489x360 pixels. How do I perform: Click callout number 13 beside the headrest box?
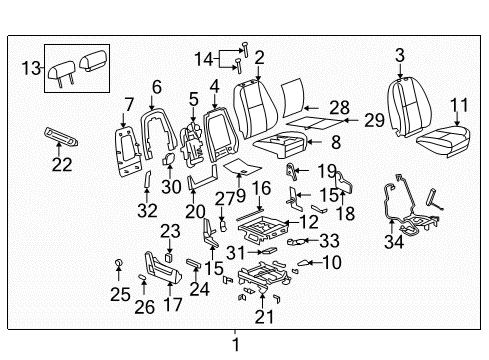29,67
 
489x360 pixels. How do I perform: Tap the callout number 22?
62,165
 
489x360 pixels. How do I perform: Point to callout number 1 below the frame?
236,345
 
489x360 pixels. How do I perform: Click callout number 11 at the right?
459,104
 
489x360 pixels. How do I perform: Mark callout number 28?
340,106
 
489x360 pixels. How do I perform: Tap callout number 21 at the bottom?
263,317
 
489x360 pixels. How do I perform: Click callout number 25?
120,294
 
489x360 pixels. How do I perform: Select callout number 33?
329,240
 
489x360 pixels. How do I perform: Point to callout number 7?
128,106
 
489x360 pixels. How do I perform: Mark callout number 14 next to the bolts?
204,57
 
